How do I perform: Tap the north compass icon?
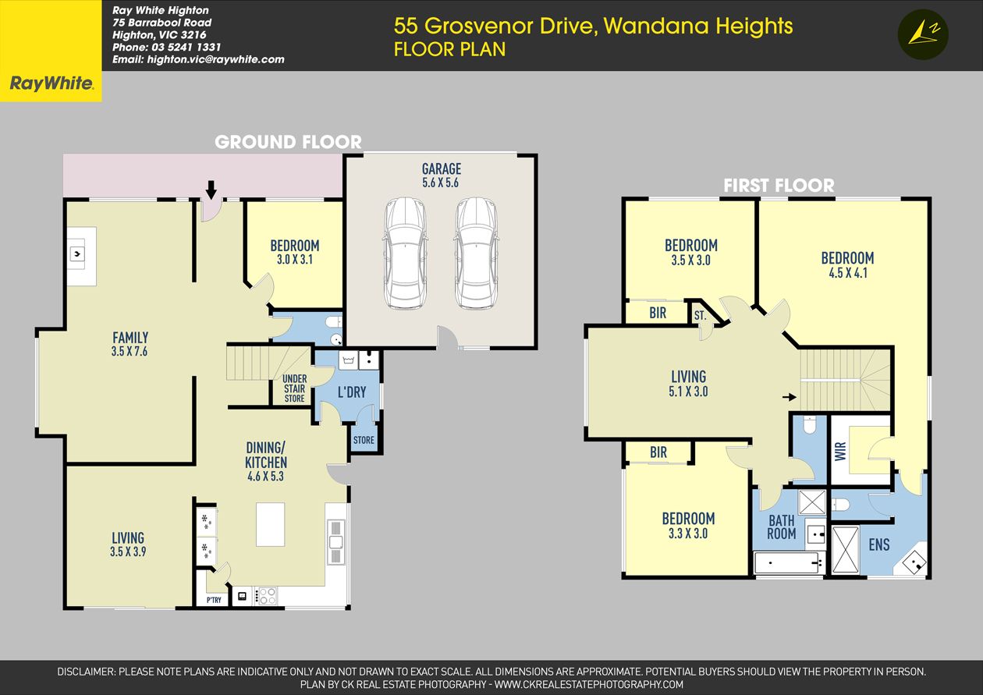click(x=923, y=34)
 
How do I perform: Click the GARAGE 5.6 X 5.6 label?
click(x=441, y=176)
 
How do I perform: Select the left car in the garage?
click(x=405, y=254)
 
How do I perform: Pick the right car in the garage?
click(x=476, y=254)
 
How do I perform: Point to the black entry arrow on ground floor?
click(x=211, y=190)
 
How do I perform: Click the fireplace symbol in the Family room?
click(x=77, y=254)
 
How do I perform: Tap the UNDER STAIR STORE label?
click(x=294, y=388)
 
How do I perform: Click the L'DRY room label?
click(x=352, y=392)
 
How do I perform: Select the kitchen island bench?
click(x=270, y=524)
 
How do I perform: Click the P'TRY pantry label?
click(x=214, y=600)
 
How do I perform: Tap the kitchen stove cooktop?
click(x=268, y=596)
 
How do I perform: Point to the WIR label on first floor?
click(x=840, y=451)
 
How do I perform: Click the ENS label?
click(x=879, y=544)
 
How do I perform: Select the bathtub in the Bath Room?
click(x=789, y=563)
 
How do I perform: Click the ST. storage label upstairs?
click(x=700, y=315)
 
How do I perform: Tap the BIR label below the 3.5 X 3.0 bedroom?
click(x=658, y=313)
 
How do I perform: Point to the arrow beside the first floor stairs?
click(x=790, y=397)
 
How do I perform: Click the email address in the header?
click(x=198, y=59)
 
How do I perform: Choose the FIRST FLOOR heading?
click(x=779, y=185)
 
